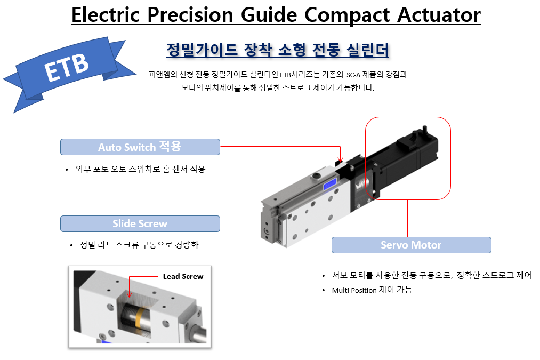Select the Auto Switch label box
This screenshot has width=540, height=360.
(140, 147)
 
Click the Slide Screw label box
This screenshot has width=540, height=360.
(140, 223)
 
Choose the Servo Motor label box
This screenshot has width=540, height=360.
(411, 245)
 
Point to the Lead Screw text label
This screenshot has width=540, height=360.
(183, 276)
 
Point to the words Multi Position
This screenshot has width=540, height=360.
(354, 290)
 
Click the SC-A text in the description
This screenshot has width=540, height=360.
(356, 75)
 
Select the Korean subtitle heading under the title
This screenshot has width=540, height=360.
(277, 50)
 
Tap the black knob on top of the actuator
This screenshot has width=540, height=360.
(317, 175)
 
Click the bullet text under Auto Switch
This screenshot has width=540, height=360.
(140, 169)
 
